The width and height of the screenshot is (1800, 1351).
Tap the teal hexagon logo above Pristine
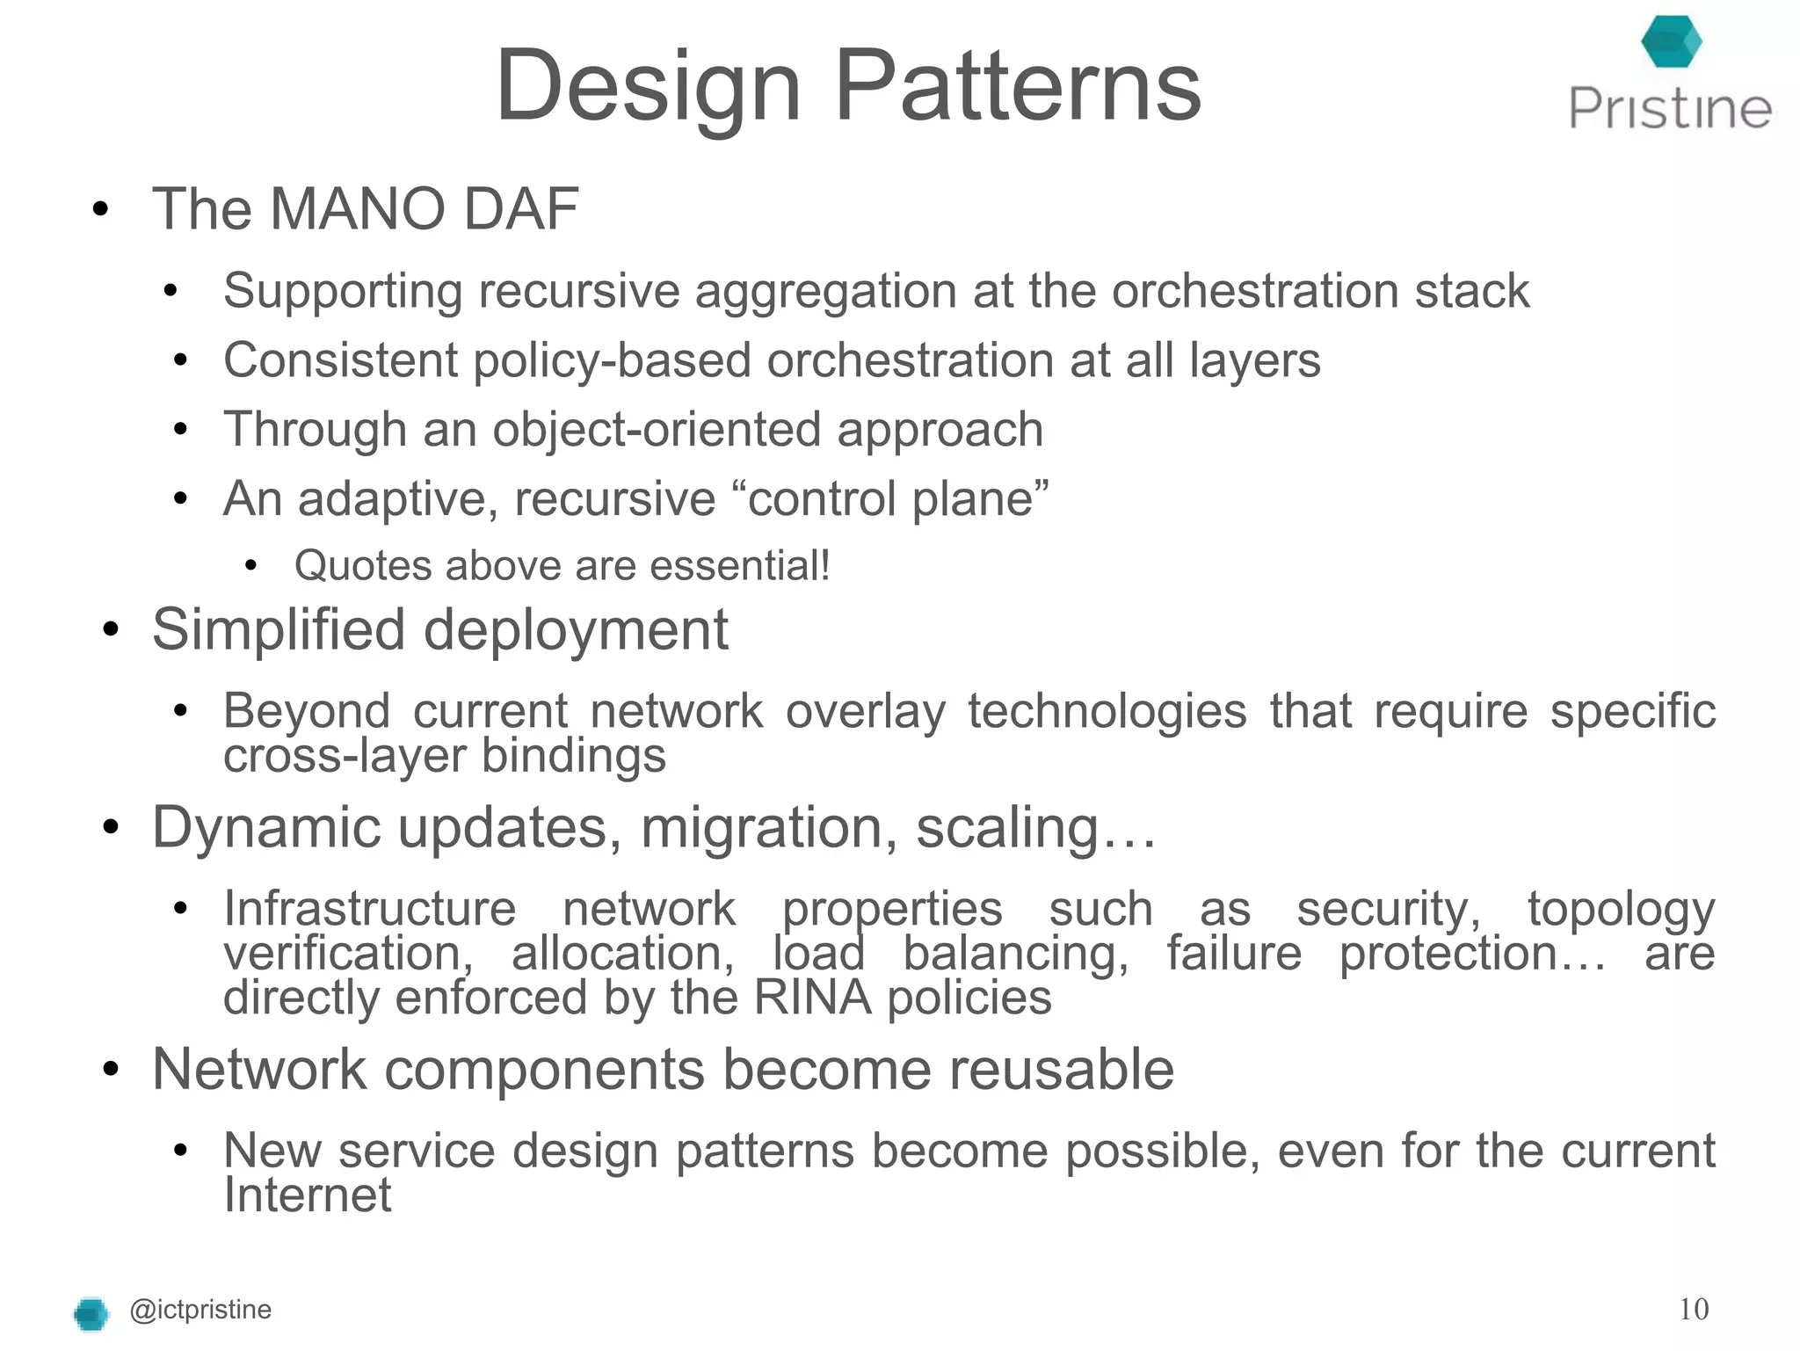tap(1671, 41)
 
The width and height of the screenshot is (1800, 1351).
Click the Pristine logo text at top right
tap(1670, 109)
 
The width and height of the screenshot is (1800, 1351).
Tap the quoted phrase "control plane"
tap(897, 498)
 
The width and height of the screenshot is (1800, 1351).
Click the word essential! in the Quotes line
tap(740, 565)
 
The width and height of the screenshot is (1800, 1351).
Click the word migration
tap(769, 828)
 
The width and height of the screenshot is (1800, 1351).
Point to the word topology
tap(1621, 909)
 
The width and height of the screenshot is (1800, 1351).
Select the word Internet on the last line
tap(308, 1195)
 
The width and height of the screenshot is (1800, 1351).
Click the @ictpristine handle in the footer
tap(200, 1310)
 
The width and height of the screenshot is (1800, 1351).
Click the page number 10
tap(1693, 1310)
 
